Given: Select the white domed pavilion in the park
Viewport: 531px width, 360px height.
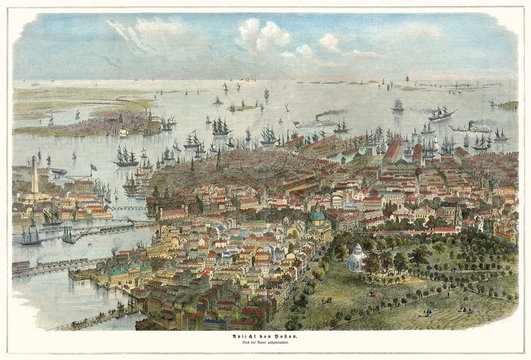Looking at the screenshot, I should point(355,258).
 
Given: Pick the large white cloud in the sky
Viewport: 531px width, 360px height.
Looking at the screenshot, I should point(263,36).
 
